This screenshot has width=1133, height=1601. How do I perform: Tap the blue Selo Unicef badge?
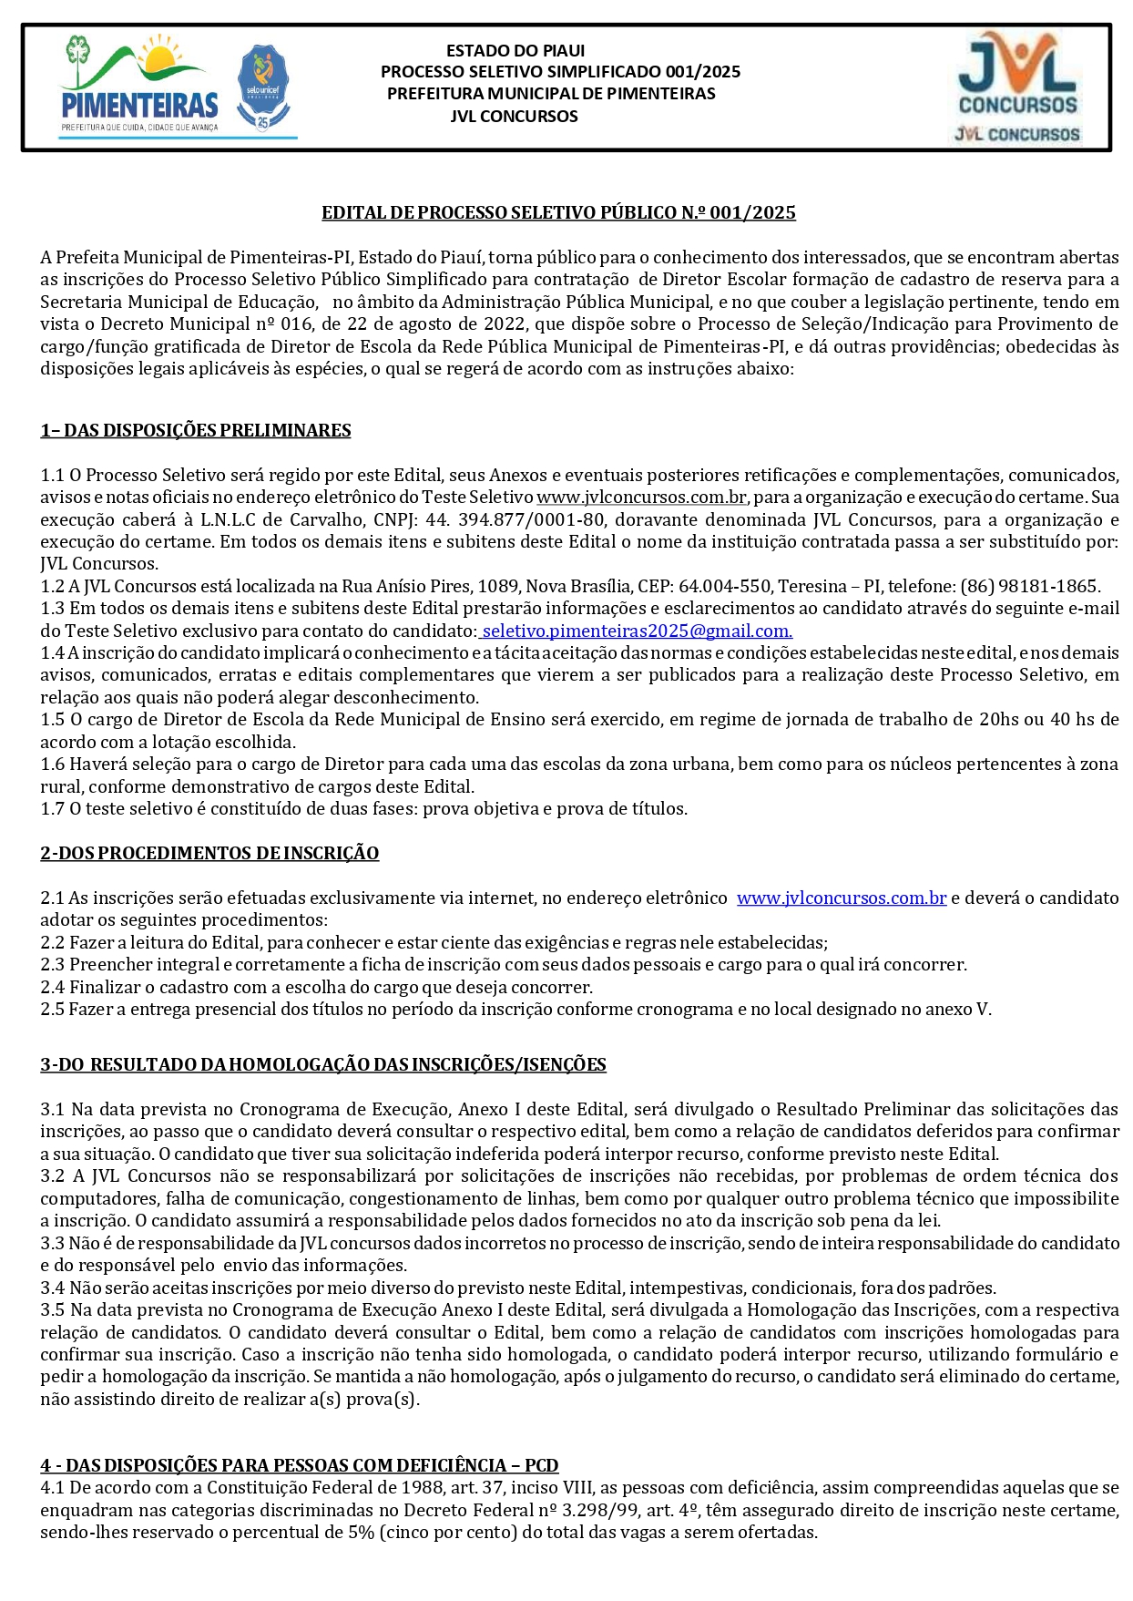[262, 87]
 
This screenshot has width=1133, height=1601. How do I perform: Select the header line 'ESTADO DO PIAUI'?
[515, 51]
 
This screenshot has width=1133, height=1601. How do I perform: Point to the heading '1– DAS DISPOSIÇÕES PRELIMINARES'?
[196, 431]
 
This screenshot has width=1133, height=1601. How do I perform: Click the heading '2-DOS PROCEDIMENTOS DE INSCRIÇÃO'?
[209, 854]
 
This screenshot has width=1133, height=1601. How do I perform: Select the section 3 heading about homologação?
[323, 1065]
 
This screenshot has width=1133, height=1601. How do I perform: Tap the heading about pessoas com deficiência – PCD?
[299, 1465]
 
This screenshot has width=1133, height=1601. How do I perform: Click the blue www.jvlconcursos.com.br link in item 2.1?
[842, 898]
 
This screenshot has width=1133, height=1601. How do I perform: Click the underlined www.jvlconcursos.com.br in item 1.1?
[641, 498]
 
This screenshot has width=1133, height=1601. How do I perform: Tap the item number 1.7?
[53, 809]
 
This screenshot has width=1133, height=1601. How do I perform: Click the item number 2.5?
[53, 1010]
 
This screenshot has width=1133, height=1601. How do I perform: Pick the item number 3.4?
[53, 1288]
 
